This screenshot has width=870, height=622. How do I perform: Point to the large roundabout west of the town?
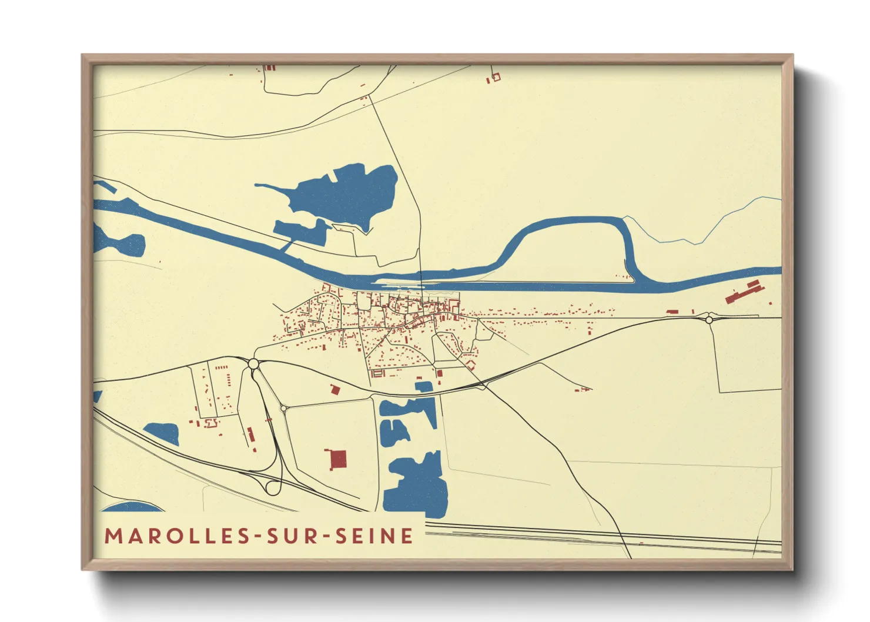tap(253, 364)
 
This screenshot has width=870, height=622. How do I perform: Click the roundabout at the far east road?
tap(709, 320)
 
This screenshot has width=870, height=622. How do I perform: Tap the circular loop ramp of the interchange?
tap(273, 487)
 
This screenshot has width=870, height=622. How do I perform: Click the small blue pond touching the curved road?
tap(424, 386)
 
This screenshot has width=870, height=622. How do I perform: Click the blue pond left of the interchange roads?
tap(163, 433)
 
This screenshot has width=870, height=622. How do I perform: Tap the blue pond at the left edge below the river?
tap(121, 243)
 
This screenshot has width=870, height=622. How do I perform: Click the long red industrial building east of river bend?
tap(743, 292)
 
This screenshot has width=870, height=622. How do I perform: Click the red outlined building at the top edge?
tap(496, 76)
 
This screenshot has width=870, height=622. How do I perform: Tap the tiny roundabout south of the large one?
tap(283, 407)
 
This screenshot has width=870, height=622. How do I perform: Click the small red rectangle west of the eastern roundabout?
tap(672, 312)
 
